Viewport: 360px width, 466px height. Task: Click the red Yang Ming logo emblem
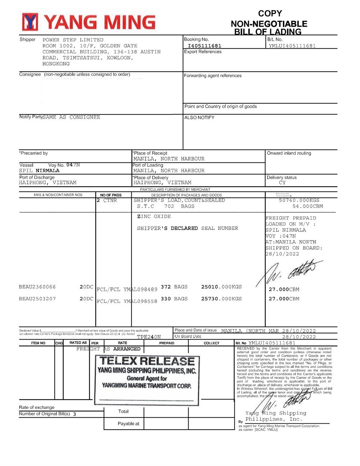30,22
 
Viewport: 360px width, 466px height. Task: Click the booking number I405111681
204,46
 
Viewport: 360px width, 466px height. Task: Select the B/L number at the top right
292,46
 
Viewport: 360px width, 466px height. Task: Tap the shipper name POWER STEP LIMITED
73,40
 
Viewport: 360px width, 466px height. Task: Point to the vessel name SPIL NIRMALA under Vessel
39,171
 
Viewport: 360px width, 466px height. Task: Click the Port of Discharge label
37,177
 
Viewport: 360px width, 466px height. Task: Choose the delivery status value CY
282,183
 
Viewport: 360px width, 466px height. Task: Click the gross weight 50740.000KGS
299,200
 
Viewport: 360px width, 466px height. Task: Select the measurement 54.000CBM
307,206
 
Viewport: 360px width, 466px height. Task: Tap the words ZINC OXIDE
154,216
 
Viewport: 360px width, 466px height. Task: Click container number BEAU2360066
37,287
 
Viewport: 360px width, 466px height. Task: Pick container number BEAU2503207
37,299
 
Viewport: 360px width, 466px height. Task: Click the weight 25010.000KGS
221,287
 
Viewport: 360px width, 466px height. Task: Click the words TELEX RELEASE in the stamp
147,361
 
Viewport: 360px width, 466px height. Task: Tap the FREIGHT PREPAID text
291,218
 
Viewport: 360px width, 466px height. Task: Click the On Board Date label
188,336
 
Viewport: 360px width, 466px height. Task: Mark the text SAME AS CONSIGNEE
71,117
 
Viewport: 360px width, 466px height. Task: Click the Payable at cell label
128,424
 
